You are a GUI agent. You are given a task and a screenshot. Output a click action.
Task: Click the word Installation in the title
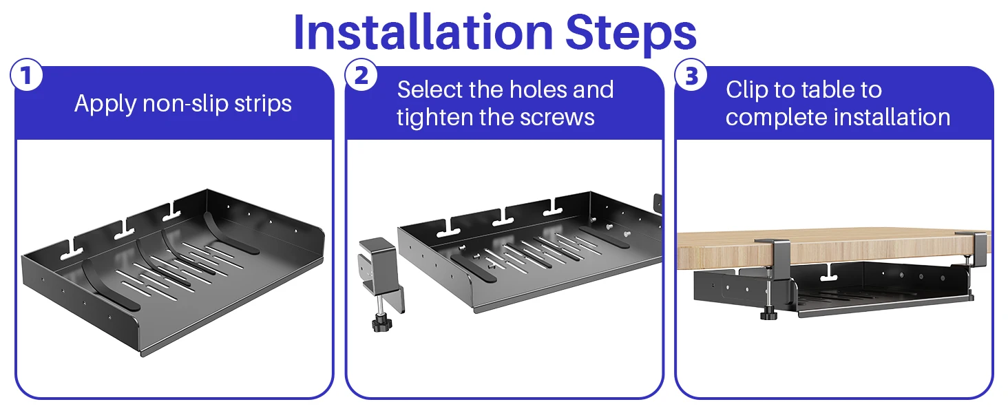point(423,32)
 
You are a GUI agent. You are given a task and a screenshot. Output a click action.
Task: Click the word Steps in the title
point(631,34)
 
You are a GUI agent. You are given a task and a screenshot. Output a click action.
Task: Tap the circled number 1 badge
point(27,74)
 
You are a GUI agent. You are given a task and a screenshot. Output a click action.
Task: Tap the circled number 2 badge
point(361,74)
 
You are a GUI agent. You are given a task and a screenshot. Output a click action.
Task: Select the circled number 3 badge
point(691,74)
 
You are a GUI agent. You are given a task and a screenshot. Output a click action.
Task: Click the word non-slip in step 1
point(186,103)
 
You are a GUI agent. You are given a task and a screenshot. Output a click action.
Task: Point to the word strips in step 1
point(263,105)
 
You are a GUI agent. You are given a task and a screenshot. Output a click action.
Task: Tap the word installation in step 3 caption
point(892,117)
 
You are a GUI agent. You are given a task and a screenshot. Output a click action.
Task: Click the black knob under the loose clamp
point(381,323)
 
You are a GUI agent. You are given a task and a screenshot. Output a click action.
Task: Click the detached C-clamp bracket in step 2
point(381,275)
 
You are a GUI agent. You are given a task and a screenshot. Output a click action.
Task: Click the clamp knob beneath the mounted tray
point(768,313)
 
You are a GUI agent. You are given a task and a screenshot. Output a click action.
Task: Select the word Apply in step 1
point(106,105)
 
